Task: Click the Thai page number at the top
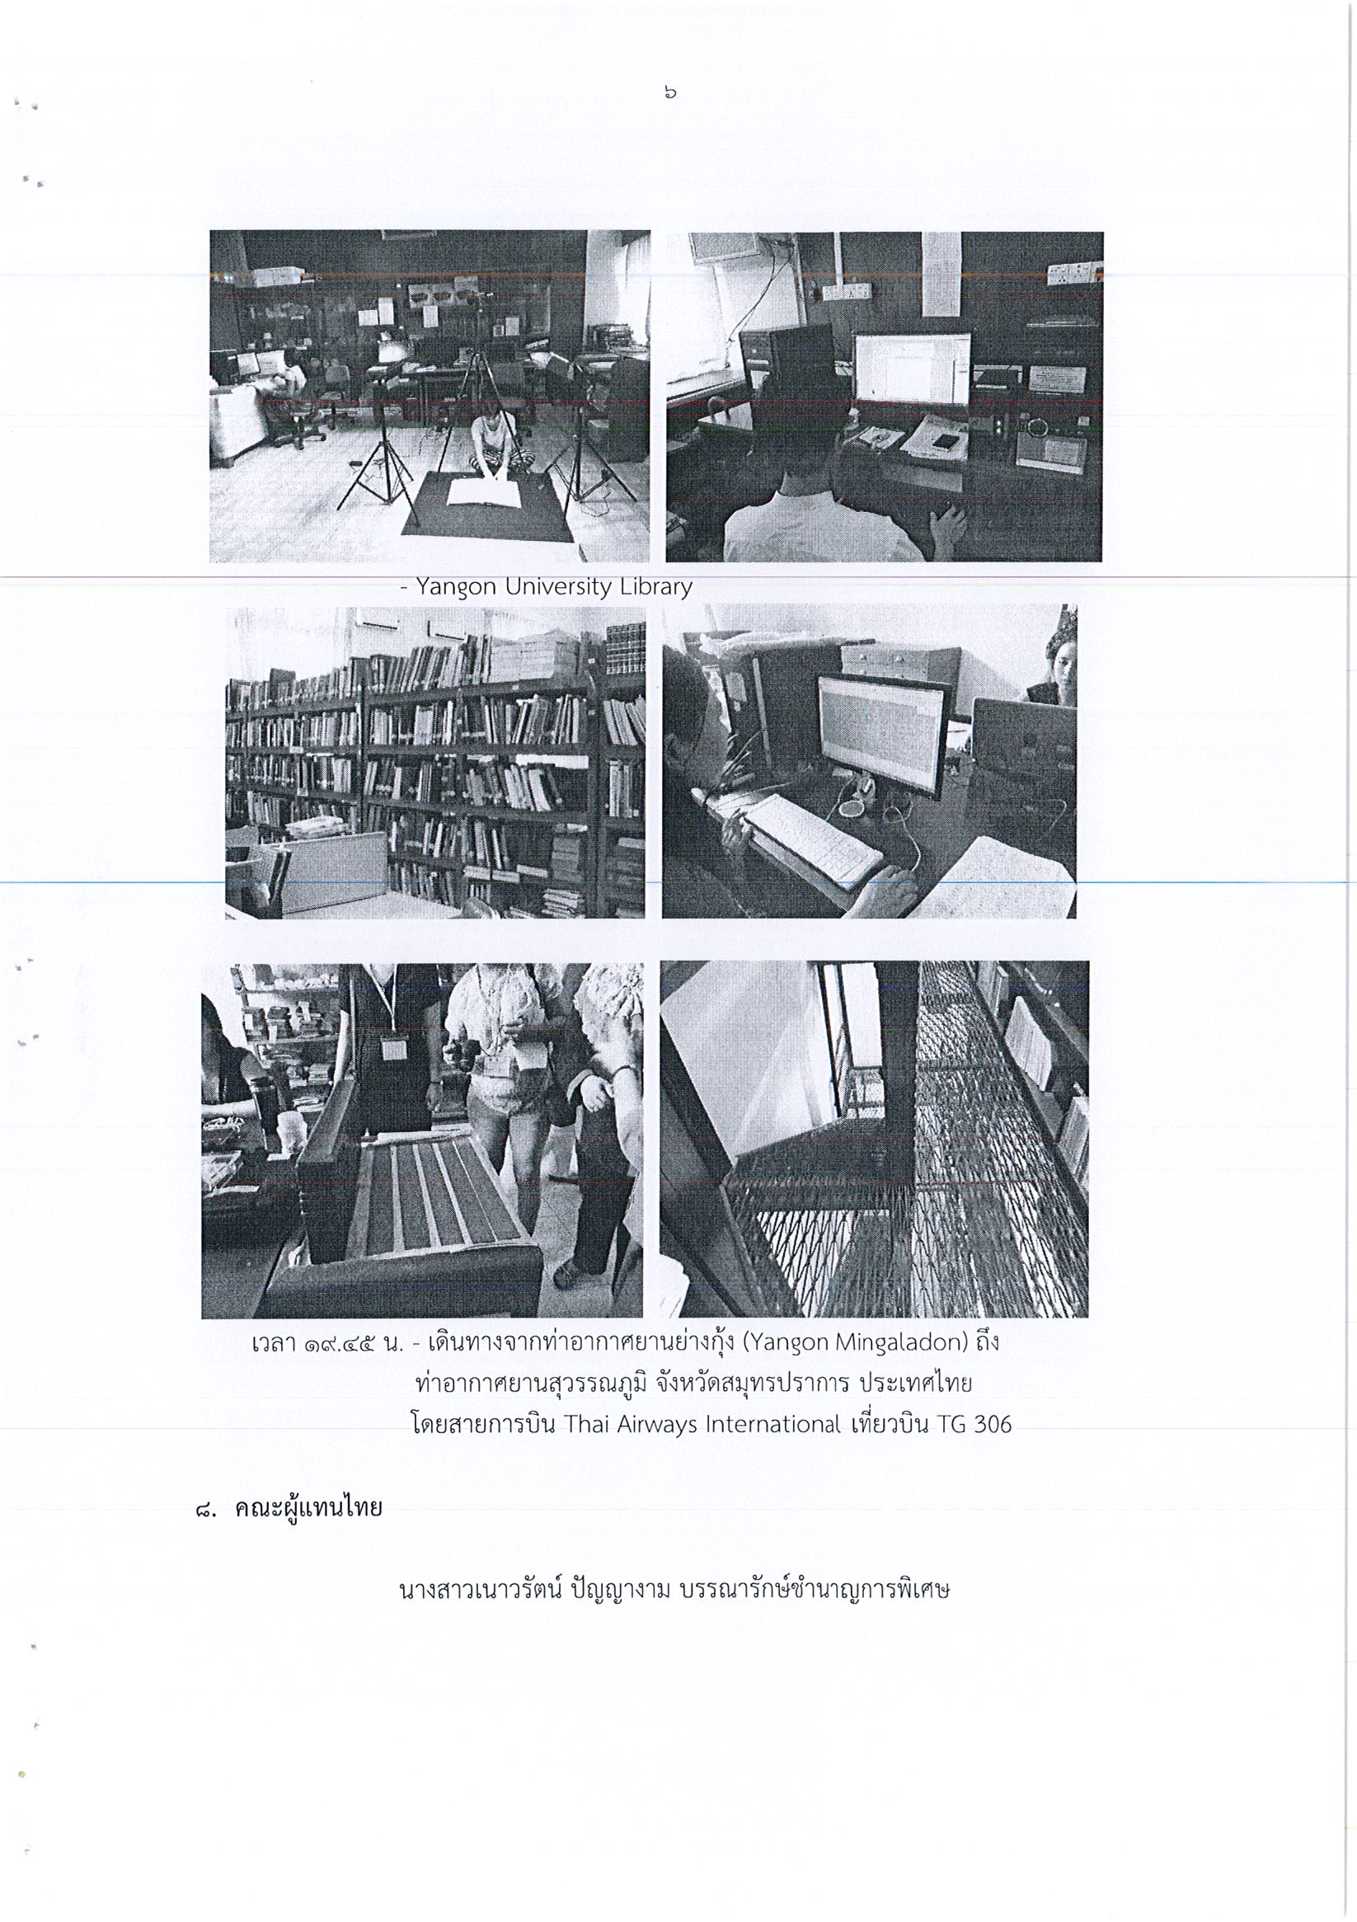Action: [x=669, y=93]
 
